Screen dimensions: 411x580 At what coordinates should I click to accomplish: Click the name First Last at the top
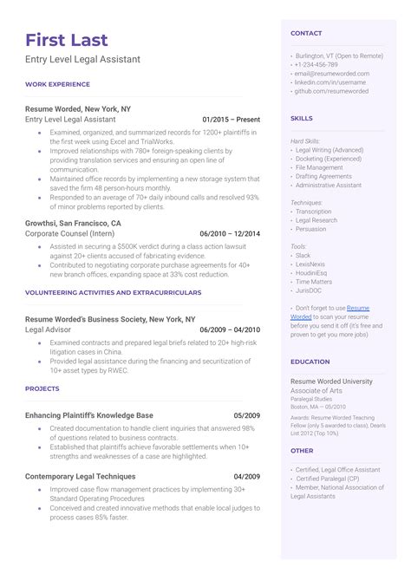[67, 40]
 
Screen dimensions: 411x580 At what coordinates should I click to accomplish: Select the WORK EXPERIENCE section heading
[57, 85]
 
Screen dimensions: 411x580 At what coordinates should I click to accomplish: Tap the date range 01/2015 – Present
[231, 118]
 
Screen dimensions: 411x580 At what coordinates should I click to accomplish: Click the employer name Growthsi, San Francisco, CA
[74, 223]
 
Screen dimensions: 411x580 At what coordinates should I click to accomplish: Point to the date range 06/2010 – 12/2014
[230, 234]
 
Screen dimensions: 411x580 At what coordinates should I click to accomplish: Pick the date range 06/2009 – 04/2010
[230, 330]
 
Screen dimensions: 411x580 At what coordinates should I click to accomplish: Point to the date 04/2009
[247, 476]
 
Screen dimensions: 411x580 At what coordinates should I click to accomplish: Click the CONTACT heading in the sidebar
[306, 33]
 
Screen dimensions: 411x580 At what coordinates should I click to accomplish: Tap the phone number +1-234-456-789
[316, 65]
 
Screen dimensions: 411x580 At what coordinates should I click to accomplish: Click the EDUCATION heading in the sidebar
[310, 362]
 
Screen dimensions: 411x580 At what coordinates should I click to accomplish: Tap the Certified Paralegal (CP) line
[327, 478]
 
